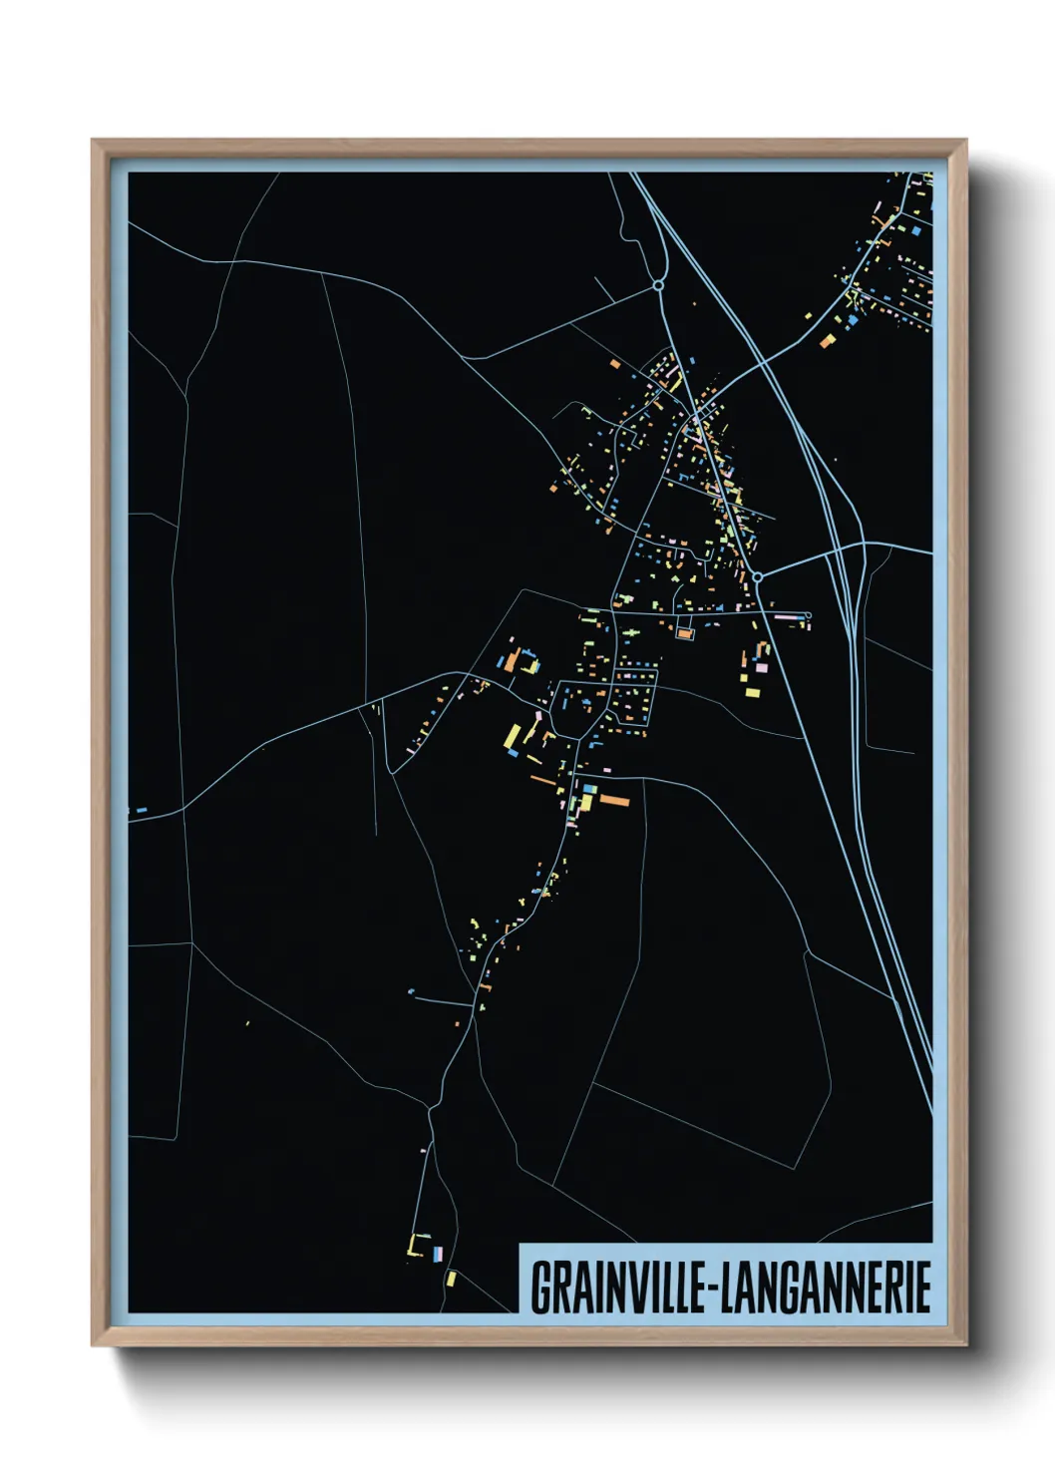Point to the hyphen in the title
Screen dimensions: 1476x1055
[709, 1289]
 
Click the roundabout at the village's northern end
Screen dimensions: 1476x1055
[658, 286]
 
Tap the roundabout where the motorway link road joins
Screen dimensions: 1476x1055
[758, 576]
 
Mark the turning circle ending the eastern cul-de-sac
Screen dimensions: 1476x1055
[808, 615]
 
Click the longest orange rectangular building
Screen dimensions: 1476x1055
[613, 800]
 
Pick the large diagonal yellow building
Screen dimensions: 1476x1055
[513, 737]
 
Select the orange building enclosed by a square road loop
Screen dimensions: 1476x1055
[684, 632]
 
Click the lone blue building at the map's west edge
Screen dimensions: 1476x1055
[141, 810]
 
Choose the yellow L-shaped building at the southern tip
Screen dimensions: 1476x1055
[414, 1246]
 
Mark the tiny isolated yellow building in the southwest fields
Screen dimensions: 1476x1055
[247, 1023]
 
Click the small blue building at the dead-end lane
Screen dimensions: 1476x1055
[411, 991]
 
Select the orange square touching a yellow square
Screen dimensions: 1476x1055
[827, 342]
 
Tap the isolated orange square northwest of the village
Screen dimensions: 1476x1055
[616, 364]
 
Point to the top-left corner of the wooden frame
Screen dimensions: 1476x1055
[94, 142]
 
